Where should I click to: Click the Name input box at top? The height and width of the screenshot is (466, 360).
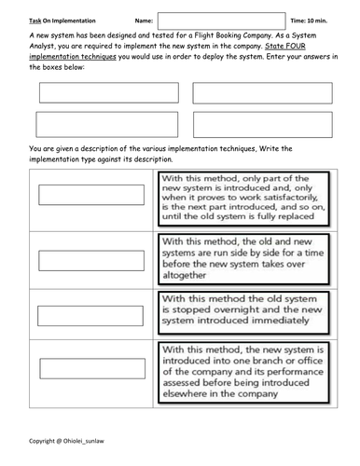(221, 21)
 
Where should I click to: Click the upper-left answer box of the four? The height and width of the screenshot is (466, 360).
(107, 92)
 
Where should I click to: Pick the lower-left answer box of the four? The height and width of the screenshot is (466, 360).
(107, 125)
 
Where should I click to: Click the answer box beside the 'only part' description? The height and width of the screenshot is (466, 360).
(91, 195)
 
